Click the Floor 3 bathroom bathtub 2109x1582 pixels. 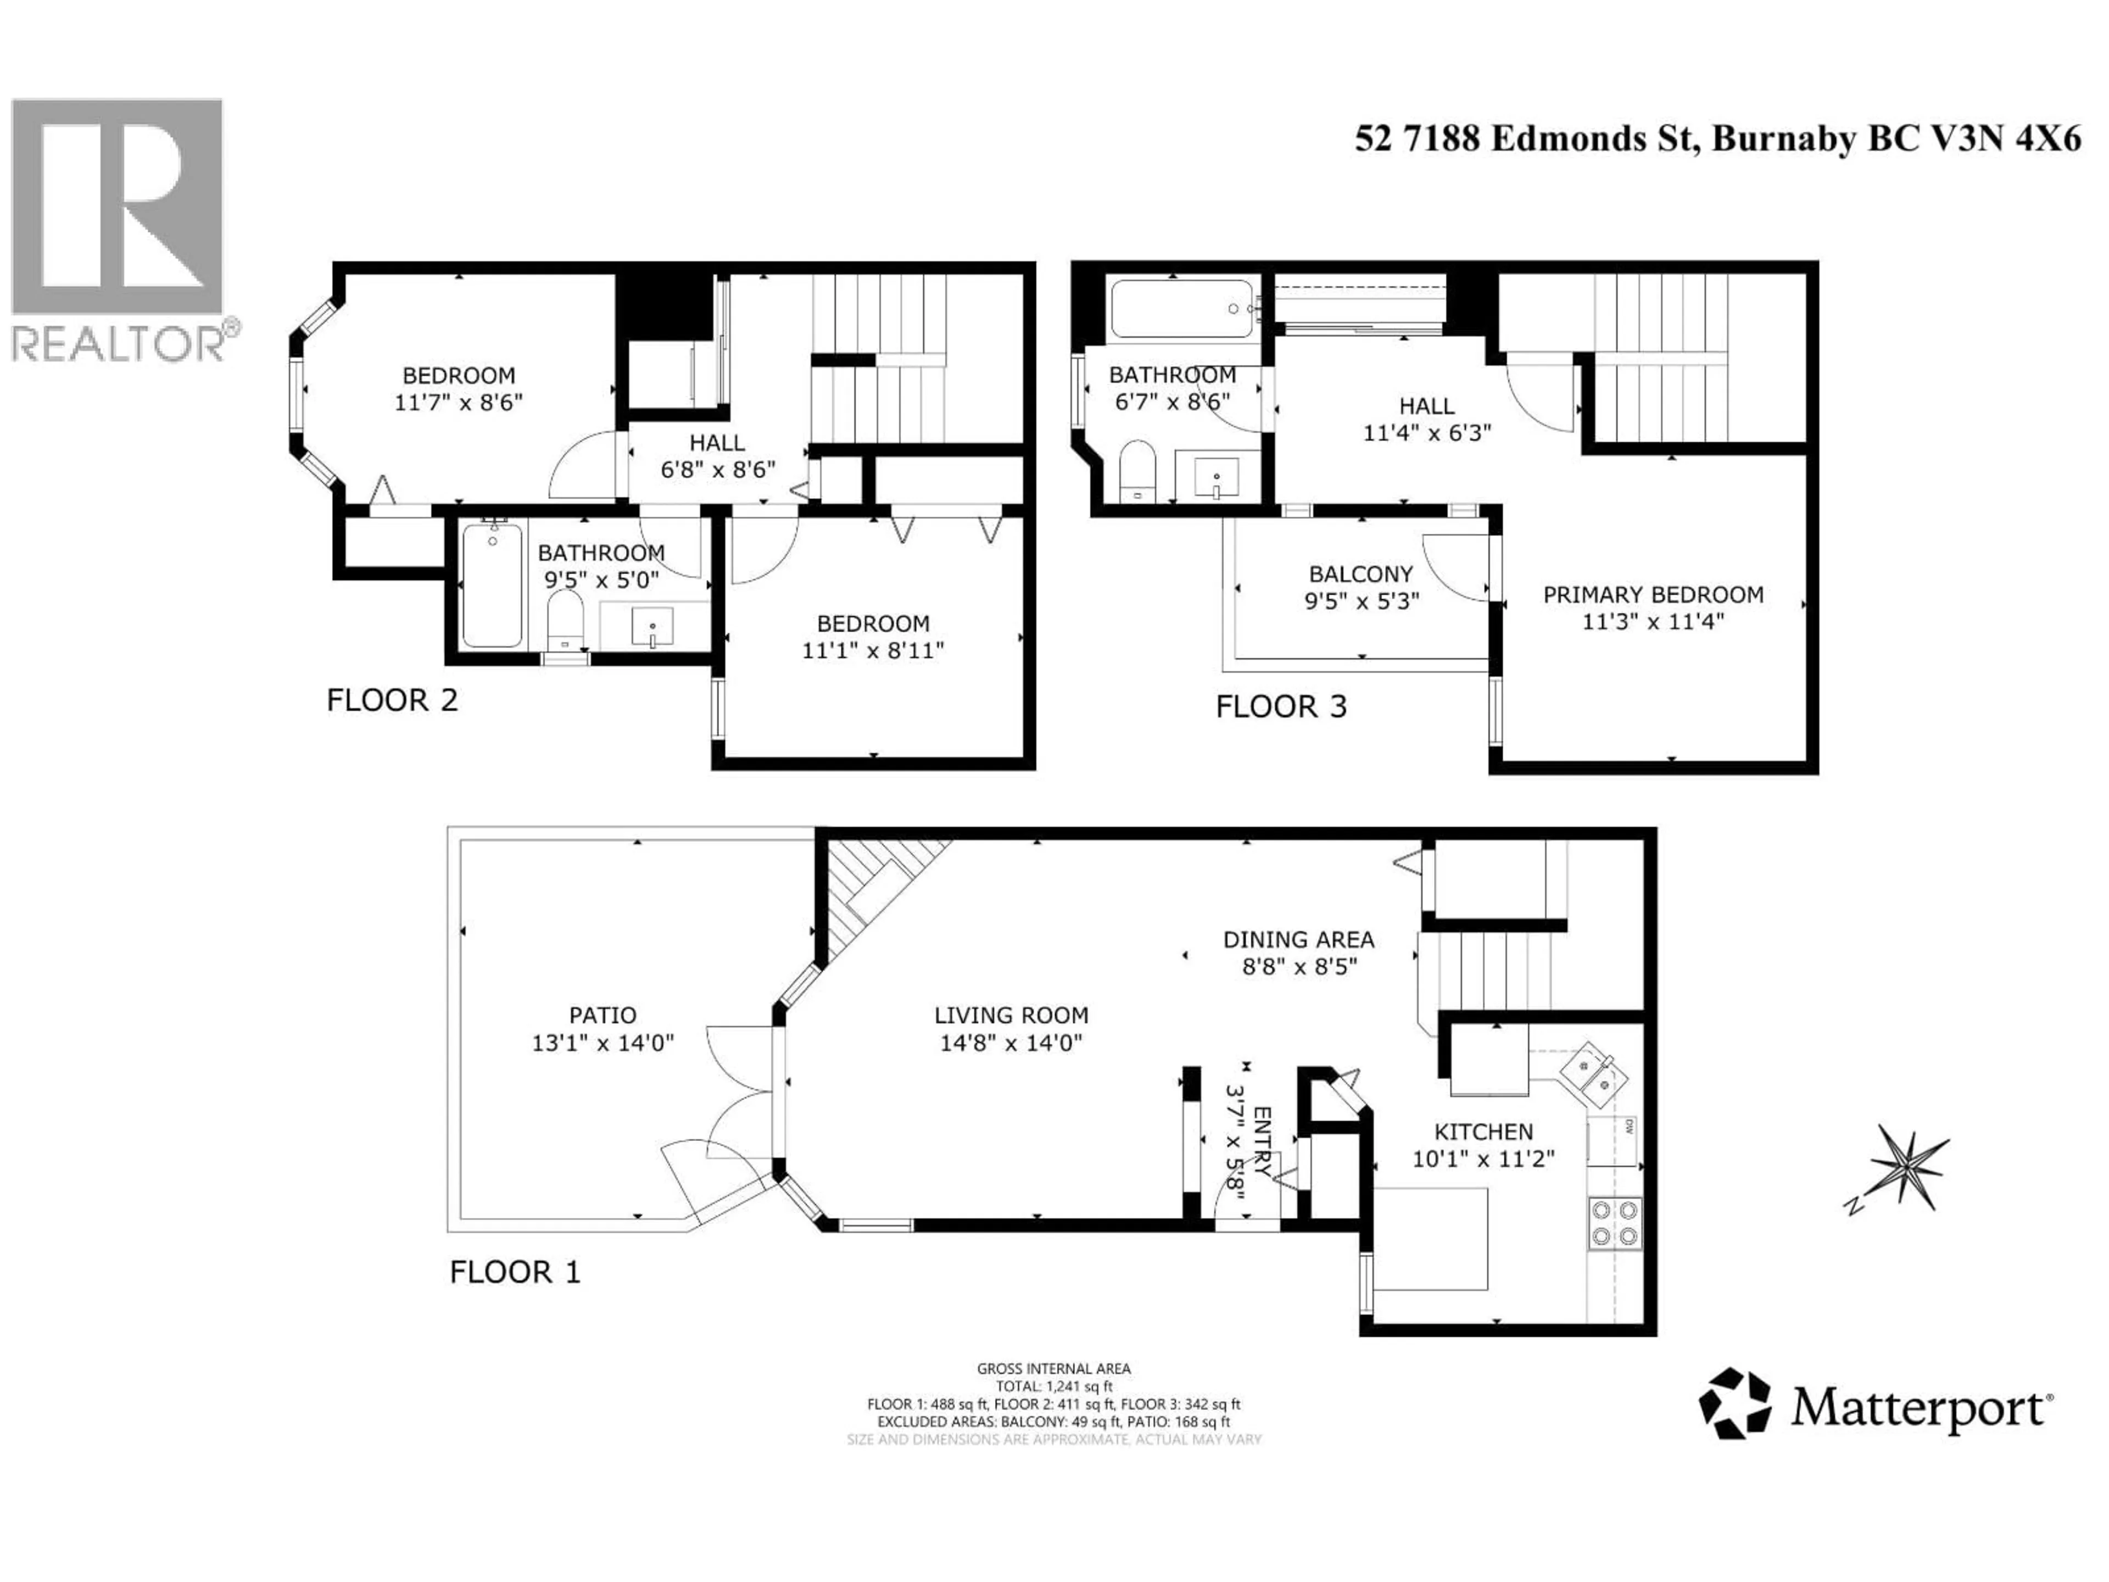click(x=1182, y=308)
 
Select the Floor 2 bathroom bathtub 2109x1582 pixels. click(x=492, y=586)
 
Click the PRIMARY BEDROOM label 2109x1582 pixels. click(x=1652, y=595)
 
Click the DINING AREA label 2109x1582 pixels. click(x=1298, y=939)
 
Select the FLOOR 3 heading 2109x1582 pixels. click(x=1280, y=706)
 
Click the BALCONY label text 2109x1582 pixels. click(x=1360, y=574)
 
